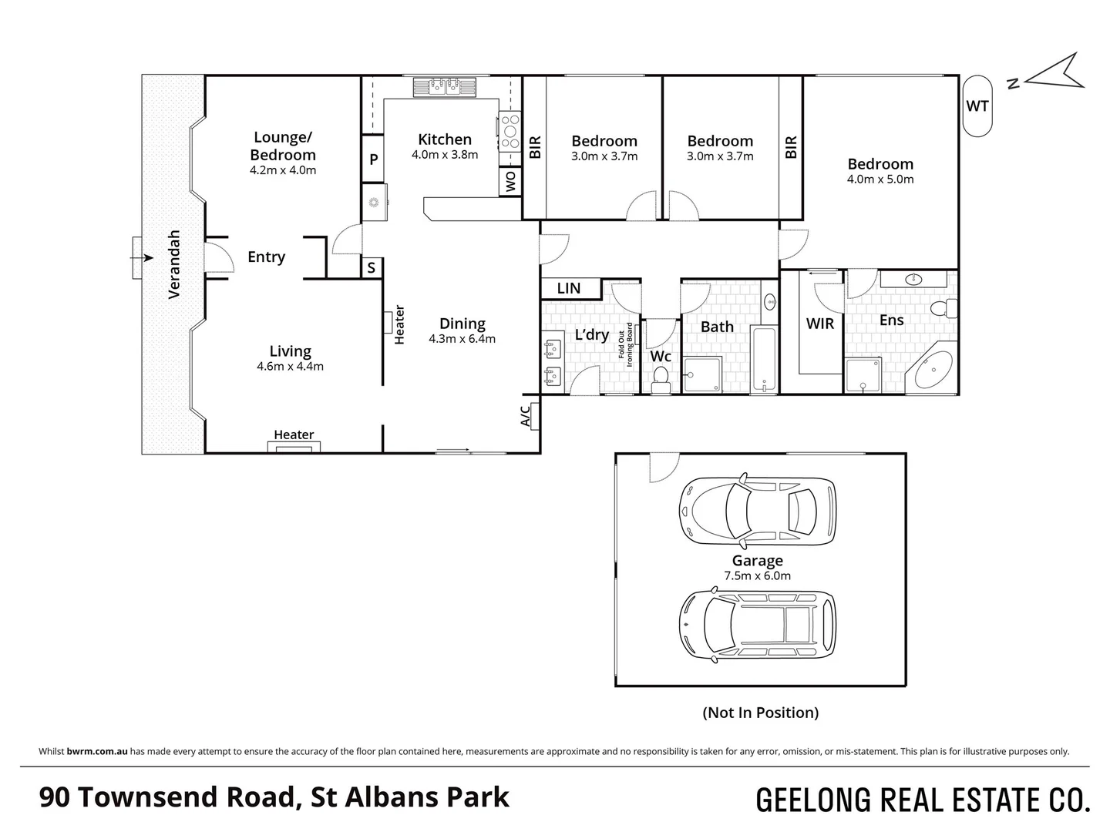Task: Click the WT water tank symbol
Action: click(977, 106)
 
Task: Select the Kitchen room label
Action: click(445, 139)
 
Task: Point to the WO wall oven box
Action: click(510, 182)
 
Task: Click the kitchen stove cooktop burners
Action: click(510, 131)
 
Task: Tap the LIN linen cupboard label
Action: click(569, 288)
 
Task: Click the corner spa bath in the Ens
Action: click(933, 371)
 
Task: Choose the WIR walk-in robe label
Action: click(819, 324)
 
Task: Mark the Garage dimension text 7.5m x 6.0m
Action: click(758, 575)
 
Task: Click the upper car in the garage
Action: click(756, 508)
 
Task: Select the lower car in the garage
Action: click(756, 624)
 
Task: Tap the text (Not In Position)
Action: click(760, 713)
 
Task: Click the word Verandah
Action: click(174, 264)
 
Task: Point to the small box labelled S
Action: click(372, 267)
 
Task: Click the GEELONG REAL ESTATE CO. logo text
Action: click(923, 800)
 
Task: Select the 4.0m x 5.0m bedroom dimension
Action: click(880, 179)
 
